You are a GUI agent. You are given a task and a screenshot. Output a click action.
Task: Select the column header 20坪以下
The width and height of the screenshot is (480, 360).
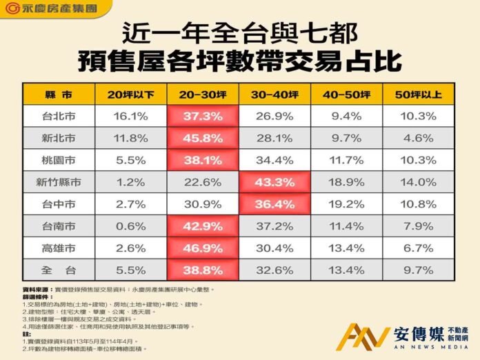(x=130, y=94)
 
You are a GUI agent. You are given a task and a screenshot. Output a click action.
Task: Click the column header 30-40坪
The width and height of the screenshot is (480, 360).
(x=275, y=94)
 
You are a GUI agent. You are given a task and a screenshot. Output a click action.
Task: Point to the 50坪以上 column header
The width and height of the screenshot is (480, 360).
(x=419, y=94)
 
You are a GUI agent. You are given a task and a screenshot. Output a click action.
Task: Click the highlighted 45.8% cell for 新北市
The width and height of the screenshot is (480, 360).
(x=203, y=138)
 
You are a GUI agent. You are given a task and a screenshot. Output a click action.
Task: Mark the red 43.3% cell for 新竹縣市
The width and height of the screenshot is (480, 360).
(x=275, y=183)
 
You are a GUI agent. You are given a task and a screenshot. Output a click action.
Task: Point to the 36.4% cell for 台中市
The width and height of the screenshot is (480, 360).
(x=275, y=205)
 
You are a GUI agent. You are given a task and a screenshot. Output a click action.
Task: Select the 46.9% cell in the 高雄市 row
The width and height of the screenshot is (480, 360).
(x=203, y=249)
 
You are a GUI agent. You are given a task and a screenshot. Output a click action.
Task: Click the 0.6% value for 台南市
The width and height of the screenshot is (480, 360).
(x=130, y=227)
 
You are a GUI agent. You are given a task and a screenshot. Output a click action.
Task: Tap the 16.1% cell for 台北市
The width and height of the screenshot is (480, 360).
(x=130, y=116)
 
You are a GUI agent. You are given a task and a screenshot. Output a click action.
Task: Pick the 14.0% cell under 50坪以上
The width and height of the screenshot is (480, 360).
(x=419, y=183)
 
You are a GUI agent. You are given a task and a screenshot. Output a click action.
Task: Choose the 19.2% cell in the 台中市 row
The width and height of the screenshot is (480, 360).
(x=347, y=205)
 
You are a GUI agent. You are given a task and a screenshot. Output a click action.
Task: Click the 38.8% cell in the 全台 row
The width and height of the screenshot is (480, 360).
(x=203, y=271)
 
